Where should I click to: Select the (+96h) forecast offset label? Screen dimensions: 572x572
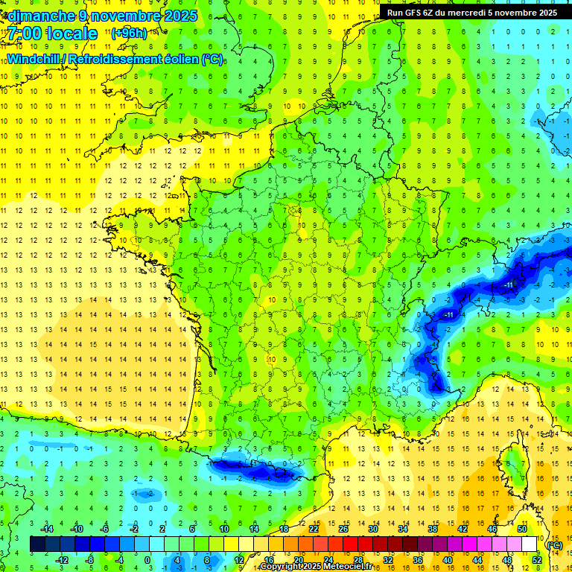[x=129, y=34]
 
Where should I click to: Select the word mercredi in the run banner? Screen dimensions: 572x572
[x=478, y=13]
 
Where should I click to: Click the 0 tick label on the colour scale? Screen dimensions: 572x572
[x=147, y=560]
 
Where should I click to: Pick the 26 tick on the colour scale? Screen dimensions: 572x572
[x=343, y=529]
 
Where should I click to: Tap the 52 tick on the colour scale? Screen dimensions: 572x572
[x=538, y=560]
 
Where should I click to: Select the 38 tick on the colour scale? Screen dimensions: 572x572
[x=432, y=529]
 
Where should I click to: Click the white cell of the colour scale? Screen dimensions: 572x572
[x=530, y=544]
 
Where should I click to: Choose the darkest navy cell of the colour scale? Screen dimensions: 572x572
[x=37, y=544]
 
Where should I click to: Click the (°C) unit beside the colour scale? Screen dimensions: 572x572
[x=554, y=545]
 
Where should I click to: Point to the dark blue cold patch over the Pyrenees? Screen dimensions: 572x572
[x=253, y=469]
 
